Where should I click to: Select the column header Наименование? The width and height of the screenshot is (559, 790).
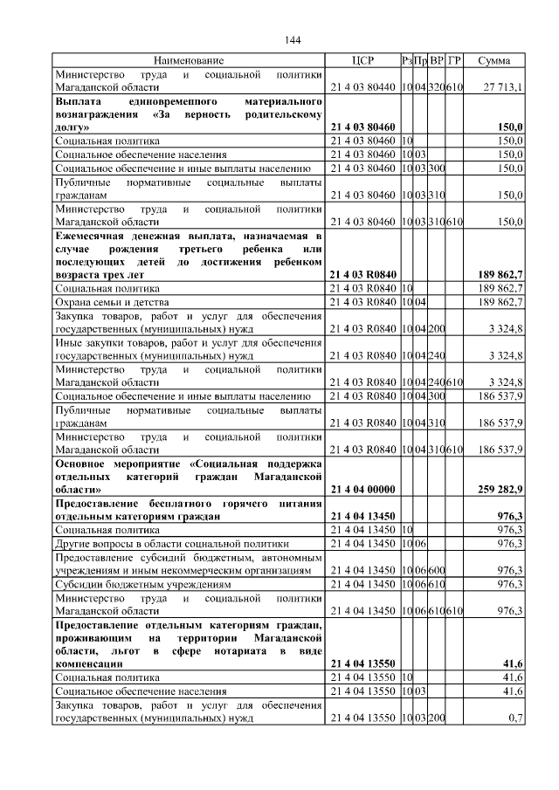tap(189, 60)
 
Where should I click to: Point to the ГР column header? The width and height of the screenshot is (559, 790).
tap(454, 60)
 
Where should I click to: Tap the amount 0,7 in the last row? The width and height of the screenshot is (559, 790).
tap(514, 718)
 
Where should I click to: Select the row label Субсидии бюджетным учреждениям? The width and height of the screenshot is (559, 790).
tap(143, 583)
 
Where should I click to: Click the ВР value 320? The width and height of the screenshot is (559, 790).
tap(437, 87)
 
